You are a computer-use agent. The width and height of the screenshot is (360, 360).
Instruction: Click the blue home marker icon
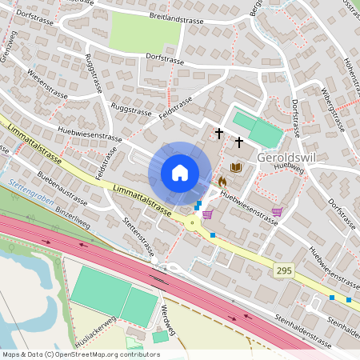click(180, 173)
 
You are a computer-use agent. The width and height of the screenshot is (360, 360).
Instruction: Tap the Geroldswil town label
click(289, 158)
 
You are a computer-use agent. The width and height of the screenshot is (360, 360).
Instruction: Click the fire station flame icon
click(222, 182)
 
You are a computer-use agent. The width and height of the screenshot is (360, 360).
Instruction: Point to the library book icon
click(235, 167)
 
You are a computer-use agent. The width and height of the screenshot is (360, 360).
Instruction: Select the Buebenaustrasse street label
click(61, 188)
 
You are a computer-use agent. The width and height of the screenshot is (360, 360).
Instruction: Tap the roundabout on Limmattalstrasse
click(193, 225)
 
